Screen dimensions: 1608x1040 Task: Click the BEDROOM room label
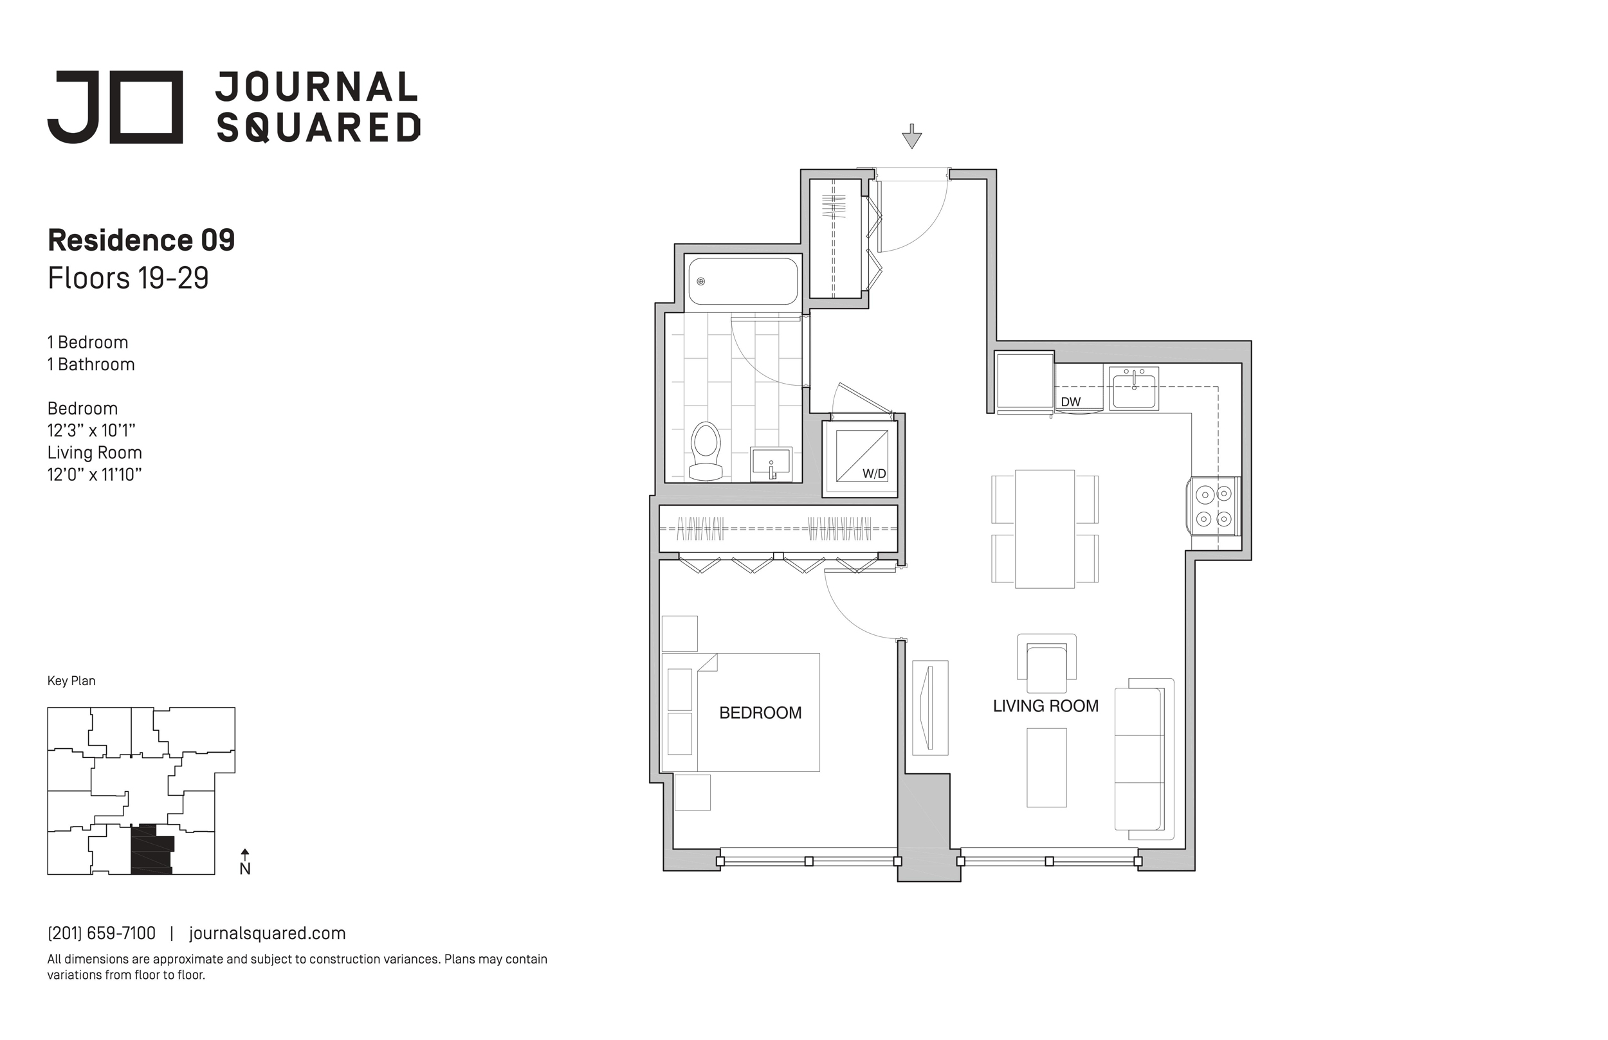click(x=760, y=712)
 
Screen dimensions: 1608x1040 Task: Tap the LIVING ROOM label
click(x=1045, y=706)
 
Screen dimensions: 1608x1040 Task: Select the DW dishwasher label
click(x=1070, y=402)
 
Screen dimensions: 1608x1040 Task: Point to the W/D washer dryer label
click(x=873, y=474)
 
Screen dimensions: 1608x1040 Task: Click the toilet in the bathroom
click(x=706, y=451)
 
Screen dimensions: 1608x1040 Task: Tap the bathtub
click(x=743, y=282)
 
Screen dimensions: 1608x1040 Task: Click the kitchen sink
click(x=1135, y=388)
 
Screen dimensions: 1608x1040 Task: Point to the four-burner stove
click(x=1214, y=507)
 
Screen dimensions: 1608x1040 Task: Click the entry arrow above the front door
click(x=912, y=136)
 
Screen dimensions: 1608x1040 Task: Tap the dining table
click(x=1045, y=529)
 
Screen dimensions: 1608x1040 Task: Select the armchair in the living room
click(x=1046, y=663)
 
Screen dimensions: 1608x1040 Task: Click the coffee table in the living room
click(x=1046, y=767)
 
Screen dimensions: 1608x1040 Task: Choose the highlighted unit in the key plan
click(x=151, y=850)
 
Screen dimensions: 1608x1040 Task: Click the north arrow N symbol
click(x=245, y=863)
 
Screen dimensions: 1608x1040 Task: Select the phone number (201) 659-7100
click(x=102, y=933)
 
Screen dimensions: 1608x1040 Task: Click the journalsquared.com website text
click(x=268, y=933)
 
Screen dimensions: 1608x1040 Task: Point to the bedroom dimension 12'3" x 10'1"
click(x=91, y=430)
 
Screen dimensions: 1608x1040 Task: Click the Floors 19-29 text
click(x=129, y=278)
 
